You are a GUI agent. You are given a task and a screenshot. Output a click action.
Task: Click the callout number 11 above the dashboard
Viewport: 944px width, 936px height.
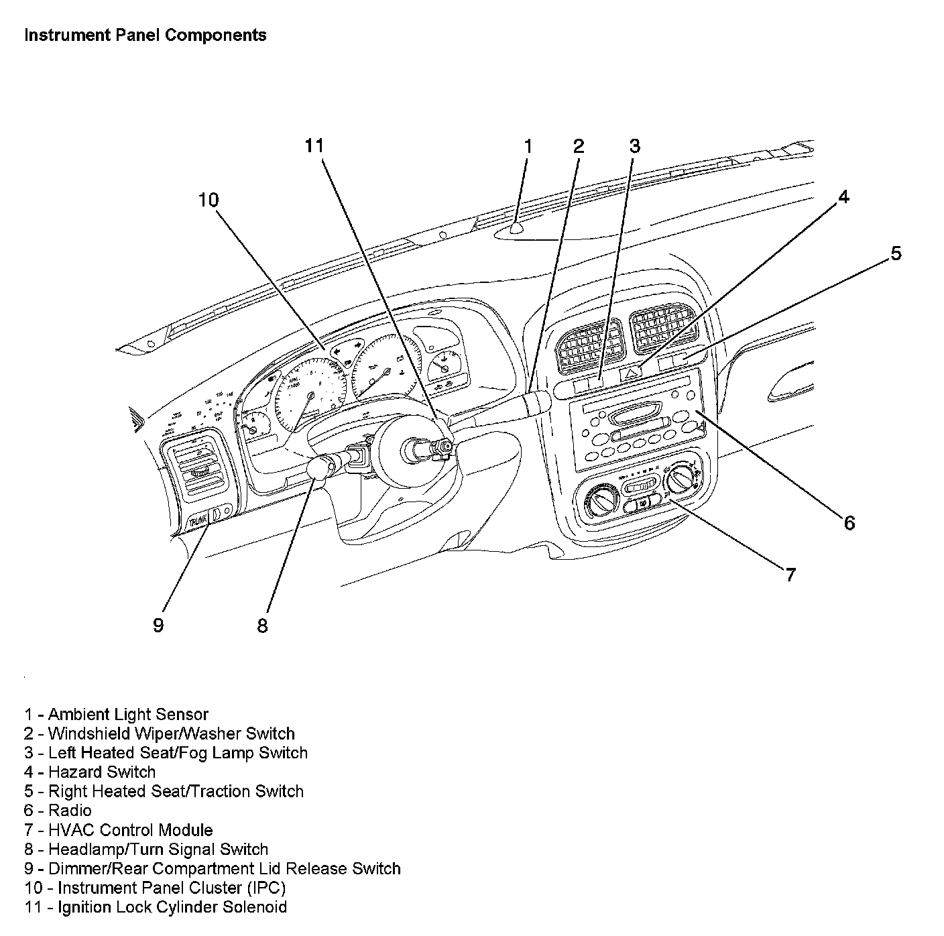(314, 146)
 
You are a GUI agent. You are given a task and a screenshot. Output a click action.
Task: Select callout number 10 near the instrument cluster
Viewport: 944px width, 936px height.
(209, 200)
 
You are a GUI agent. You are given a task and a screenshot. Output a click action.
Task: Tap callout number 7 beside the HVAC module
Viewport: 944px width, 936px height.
(790, 574)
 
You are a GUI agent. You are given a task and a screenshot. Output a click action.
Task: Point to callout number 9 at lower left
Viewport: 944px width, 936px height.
(158, 626)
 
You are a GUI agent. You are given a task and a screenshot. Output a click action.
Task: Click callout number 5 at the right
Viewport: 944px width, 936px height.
(896, 253)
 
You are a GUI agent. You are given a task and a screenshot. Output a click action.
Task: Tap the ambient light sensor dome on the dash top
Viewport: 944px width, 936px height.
(516, 229)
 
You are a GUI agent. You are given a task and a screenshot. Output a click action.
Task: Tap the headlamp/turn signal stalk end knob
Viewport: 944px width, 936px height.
(319, 467)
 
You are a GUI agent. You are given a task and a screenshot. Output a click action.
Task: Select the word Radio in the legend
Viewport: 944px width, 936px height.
(70, 811)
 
